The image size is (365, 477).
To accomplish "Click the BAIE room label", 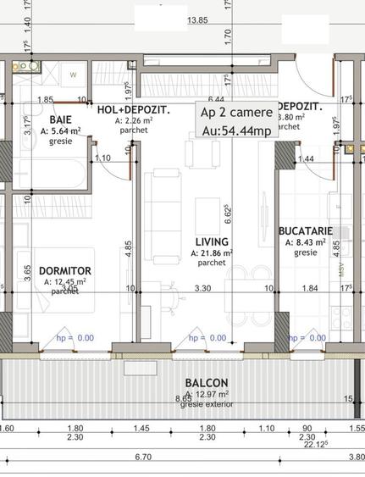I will pos(40,120).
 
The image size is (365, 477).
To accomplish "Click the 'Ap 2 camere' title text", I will pos(236,112).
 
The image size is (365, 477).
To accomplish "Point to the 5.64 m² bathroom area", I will pos(55,130).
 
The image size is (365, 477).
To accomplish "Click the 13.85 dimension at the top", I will pos(198,19).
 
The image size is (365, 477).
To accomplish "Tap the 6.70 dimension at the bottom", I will pos(143,457).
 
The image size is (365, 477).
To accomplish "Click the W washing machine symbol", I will pos(74,75).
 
